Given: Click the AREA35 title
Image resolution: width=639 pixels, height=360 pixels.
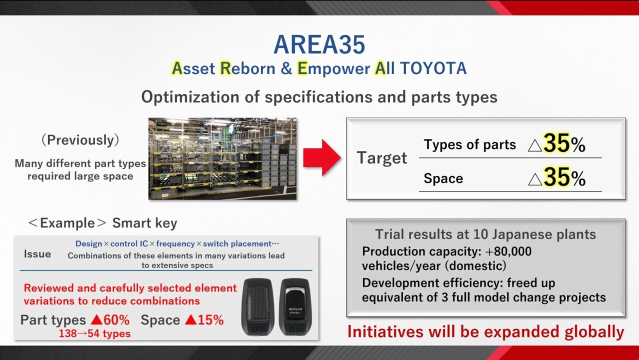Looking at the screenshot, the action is tap(319, 44).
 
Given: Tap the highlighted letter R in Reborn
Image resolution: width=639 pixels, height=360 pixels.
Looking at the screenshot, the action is tap(225, 68).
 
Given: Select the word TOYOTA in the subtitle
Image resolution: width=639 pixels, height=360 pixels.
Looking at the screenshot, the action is tap(433, 68).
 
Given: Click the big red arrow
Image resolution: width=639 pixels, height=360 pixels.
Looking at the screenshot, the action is tap(322, 157).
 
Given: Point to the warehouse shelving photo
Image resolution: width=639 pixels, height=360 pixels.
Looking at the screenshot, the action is tap(222, 158).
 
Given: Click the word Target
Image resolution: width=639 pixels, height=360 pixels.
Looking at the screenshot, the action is tap(381, 157).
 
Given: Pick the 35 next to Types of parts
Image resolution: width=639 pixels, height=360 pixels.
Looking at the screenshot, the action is tap(556, 143).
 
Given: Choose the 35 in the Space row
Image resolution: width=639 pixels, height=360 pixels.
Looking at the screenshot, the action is tap(556, 177).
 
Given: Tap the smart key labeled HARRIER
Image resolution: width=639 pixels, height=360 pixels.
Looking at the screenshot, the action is tap(257, 307).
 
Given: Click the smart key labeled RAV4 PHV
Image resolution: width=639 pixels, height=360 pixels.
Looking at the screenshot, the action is tap(295, 306).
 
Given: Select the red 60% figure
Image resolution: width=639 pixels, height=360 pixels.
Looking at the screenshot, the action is tap(116, 320).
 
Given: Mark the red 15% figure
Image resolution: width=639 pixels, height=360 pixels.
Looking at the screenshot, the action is tap(210, 320).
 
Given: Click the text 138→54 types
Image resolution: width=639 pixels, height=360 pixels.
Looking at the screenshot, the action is tap(94, 333).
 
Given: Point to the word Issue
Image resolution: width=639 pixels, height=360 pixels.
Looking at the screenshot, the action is tap(37, 254).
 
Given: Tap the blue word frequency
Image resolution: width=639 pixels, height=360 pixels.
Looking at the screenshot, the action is tap(175, 243).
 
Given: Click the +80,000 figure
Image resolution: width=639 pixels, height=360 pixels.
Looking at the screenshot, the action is tap(508, 251).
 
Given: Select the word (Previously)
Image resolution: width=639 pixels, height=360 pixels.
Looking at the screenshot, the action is tap(80, 140).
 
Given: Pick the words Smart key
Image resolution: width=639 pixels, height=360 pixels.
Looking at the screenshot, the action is tap(144, 223).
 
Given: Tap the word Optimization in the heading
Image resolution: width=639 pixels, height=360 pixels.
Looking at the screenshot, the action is tap(190, 97).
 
